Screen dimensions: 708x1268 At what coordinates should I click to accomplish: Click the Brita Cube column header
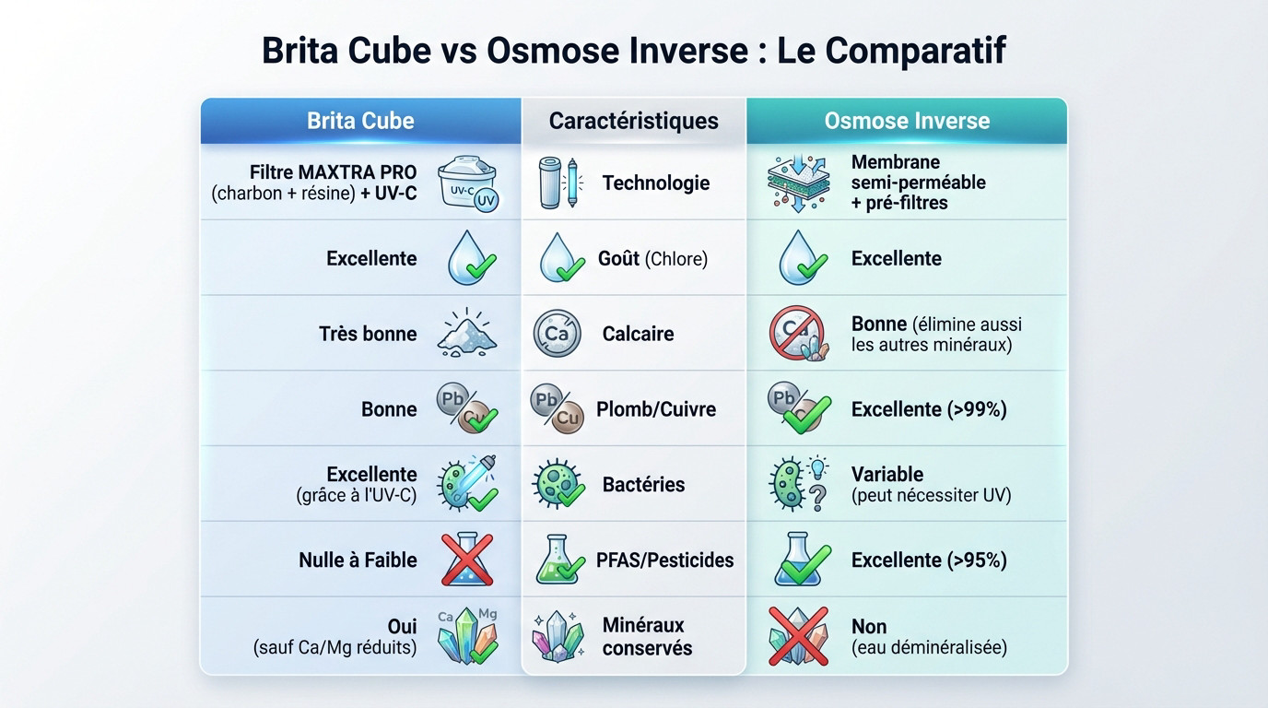coord(360,121)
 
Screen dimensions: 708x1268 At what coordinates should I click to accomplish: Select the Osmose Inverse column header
coord(907,121)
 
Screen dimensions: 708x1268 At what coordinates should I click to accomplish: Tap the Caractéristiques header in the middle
coord(633,121)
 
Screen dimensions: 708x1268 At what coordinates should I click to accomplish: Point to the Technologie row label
coord(655,183)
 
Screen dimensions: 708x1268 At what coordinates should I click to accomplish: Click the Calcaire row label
coord(638,334)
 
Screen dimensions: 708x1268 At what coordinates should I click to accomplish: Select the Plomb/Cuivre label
coord(655,409)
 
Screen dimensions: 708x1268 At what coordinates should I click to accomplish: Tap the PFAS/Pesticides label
coord(664,560)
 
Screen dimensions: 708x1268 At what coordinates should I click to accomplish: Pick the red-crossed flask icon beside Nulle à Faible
coord(467,560)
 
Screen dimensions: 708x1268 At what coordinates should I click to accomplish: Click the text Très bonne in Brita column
coord(368,334)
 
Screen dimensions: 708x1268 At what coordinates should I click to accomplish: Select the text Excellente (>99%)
coord(928,409)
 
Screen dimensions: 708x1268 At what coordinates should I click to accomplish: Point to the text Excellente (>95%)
coord(928,560)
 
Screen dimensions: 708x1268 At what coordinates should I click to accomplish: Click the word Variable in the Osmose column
coord(886,474)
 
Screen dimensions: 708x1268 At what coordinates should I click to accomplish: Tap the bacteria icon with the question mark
coord(797,484)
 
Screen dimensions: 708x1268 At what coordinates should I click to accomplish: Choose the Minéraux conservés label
coord(646,636)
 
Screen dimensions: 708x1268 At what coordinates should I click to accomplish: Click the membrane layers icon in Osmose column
coord(798,181)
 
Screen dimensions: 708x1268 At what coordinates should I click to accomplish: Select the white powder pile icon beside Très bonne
coord(467,334)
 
